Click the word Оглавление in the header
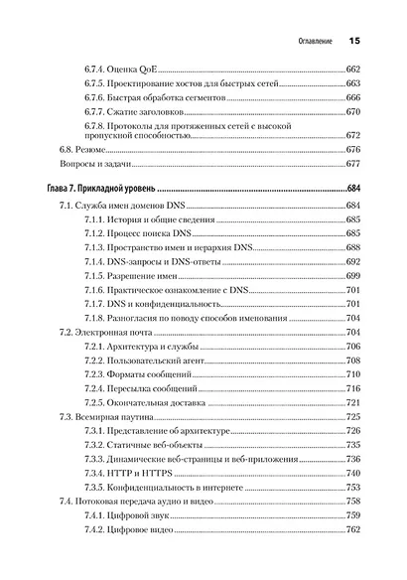click(309, 42)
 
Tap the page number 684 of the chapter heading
click(353, 189)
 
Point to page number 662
click(353, 67)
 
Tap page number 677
click(353, 165)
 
